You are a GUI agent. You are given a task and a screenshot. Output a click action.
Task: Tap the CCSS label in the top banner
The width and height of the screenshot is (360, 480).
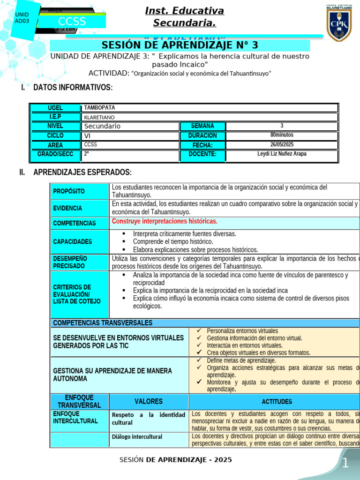[72, 22]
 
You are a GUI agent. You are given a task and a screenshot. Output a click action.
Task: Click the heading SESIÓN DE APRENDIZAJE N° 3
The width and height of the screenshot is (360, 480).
[180, 45]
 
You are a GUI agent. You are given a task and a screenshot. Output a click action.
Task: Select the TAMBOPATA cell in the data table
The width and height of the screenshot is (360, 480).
[99, 108]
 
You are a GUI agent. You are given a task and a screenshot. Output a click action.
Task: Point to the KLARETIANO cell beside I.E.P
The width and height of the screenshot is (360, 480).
[99, 117]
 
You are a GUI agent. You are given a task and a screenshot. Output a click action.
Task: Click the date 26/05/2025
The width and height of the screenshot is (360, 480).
[281, 145]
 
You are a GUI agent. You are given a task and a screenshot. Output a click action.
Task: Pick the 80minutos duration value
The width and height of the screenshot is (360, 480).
[281, 135]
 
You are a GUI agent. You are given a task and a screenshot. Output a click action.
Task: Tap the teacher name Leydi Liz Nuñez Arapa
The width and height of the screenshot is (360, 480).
[281, 154]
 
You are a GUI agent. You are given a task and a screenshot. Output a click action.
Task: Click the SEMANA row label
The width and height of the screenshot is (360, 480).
[202, 126]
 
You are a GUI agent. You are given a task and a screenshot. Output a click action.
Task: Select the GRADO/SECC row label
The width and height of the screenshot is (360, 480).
[55, 154]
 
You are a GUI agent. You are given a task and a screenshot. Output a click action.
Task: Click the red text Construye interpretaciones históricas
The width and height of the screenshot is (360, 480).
[165, 221]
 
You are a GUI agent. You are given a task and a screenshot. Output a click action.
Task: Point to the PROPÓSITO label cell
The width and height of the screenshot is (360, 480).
[69, 191]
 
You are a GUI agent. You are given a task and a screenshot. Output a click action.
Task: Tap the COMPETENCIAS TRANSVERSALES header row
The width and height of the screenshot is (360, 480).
[103, 323]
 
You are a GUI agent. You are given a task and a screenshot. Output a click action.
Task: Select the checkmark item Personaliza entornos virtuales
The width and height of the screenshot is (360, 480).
[242, 331]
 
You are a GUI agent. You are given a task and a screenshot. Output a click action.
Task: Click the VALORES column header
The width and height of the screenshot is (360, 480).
[149, 401]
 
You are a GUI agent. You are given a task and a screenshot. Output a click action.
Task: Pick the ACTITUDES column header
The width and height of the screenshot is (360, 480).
[277, 402]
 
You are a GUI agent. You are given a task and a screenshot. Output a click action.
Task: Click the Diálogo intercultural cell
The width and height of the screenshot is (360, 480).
[137, 437]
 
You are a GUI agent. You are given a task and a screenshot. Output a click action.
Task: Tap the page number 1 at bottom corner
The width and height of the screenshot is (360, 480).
[345, 464]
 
